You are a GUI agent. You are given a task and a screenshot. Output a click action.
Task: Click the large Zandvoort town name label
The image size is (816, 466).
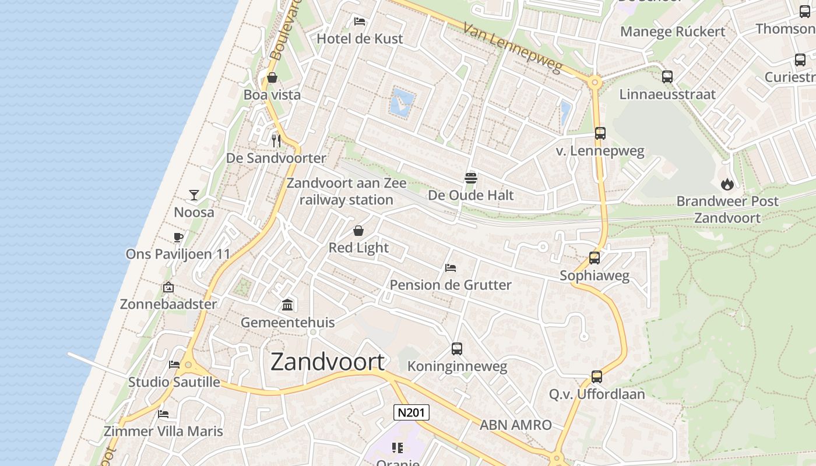point(328,362)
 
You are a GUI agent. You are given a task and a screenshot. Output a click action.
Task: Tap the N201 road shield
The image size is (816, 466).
point(411,412)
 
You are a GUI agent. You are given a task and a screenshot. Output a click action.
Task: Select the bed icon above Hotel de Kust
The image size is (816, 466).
point(360,22)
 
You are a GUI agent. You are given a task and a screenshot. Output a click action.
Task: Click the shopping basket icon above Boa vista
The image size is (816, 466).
point(272,77)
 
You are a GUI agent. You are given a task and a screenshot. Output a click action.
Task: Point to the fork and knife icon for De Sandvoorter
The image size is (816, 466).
point(276,140)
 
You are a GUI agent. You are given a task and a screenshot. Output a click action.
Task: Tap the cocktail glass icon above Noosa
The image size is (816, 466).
point(194,195)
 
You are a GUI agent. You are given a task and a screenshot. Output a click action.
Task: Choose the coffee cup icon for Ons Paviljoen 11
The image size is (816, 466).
point(178,237)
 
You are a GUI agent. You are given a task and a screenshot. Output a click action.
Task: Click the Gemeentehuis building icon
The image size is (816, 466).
point(287,305)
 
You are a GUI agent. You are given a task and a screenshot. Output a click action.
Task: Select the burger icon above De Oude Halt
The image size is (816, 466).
point(471,178)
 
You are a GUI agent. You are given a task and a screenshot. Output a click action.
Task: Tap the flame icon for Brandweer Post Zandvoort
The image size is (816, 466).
point(727,184)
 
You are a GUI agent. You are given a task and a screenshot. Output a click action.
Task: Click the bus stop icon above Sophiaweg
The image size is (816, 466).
point(595,258)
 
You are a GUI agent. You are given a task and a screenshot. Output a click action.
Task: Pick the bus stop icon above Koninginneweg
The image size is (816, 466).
point(457,349)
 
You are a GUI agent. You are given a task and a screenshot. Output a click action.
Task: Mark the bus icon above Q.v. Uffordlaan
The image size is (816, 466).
point(596,377)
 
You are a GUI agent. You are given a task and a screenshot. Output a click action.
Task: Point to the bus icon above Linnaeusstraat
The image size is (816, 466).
point(667,76)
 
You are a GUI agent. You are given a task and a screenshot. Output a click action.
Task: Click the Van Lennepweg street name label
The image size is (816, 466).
point(513,48)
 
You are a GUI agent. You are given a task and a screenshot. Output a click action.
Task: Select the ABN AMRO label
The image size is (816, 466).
point(515,425)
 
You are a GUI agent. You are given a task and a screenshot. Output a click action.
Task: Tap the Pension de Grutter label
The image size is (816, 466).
point(451,285)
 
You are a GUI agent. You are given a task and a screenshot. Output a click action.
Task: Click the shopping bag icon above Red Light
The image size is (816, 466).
point(358,231)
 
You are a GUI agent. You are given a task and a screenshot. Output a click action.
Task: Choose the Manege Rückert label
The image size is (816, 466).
point(673,31)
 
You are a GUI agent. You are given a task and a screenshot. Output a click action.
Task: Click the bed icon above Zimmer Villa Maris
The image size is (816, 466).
point(163,414)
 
